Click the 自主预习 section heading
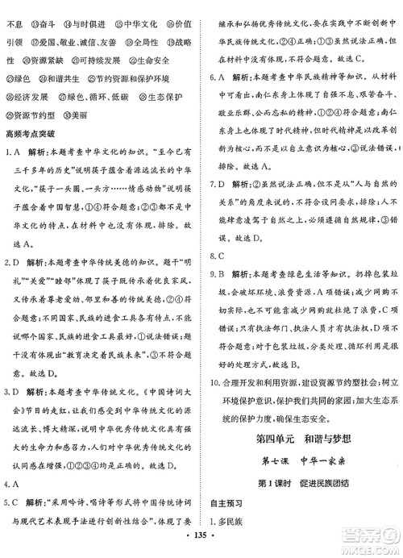coord(227,506)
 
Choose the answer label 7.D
coord(218,205)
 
